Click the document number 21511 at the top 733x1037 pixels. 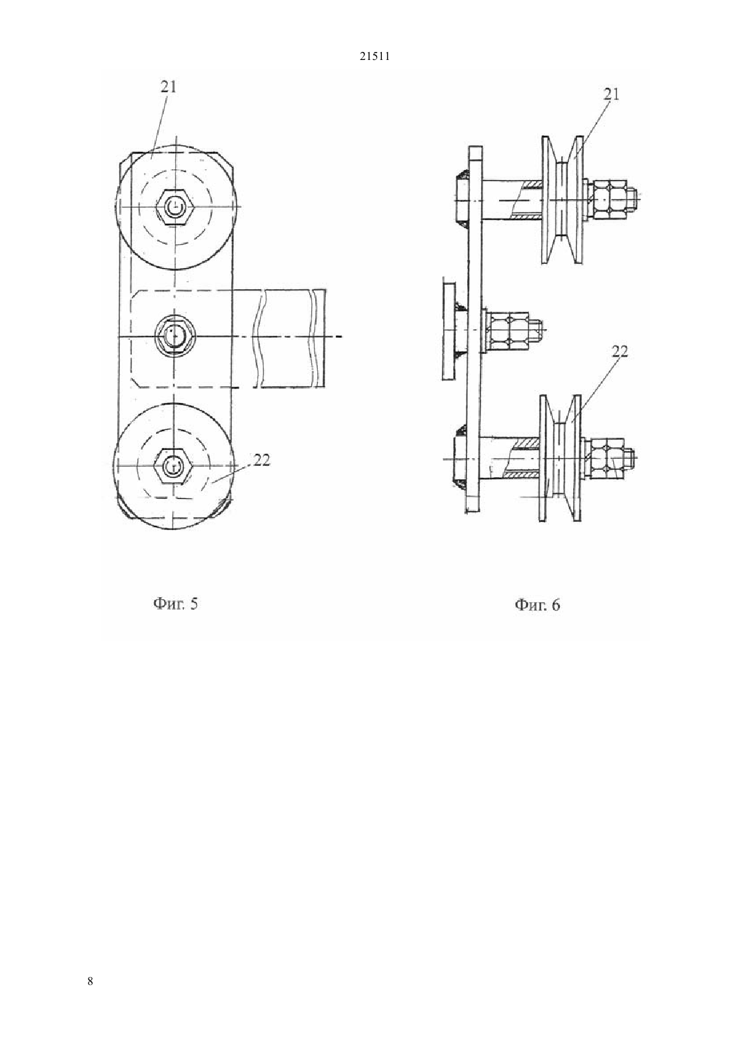(x=374, y=57)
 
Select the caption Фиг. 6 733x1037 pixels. (x=537, y=604)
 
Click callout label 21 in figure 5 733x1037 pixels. (x=169, y=87)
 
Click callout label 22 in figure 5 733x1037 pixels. (x=261, y=460)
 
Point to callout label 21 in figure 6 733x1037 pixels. (x=611, y=94)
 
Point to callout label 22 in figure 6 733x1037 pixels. (x=620, y=352)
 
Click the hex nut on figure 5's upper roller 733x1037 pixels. (x=175, y=207)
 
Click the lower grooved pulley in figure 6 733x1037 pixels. (x=560, y=458)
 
